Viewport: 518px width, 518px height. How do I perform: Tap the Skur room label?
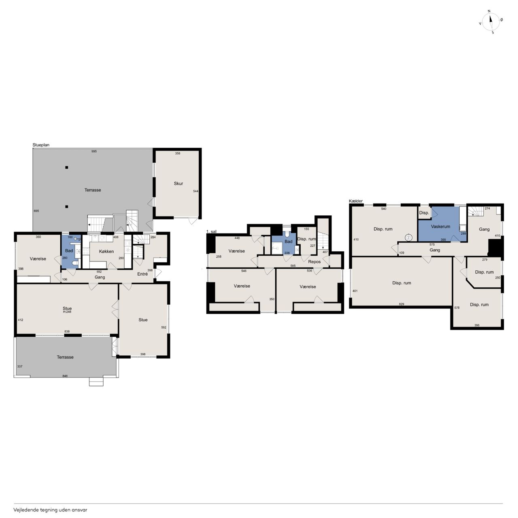point(178,183)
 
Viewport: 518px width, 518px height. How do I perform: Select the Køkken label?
point(106,251)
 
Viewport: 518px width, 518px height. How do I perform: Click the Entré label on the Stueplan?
point(142,274)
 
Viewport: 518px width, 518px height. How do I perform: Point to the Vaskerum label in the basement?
point(440,227)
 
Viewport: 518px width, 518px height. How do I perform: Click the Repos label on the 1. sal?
point(314,261)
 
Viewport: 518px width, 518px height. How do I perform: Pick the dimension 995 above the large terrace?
point(94,151)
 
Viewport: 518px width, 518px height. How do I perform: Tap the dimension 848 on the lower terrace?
point(65,376)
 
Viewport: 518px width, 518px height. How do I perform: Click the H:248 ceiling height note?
point(67,312)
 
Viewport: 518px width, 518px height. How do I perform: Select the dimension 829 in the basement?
point(401,304)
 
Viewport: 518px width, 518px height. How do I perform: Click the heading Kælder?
point(356,201)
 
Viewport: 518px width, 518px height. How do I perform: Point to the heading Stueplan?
point(41,145)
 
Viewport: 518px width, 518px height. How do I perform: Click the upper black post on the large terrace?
point(67,168)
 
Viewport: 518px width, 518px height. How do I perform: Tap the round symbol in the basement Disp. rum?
point(409,238)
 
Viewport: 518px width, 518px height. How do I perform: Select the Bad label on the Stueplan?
point(69,251)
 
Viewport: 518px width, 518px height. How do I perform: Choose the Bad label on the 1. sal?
point(289,241)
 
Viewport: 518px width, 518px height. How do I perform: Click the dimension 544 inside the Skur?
point(196,191)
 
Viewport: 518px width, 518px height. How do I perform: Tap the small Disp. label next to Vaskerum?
point(424,212)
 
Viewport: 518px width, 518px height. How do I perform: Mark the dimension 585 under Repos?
point(293,266)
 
